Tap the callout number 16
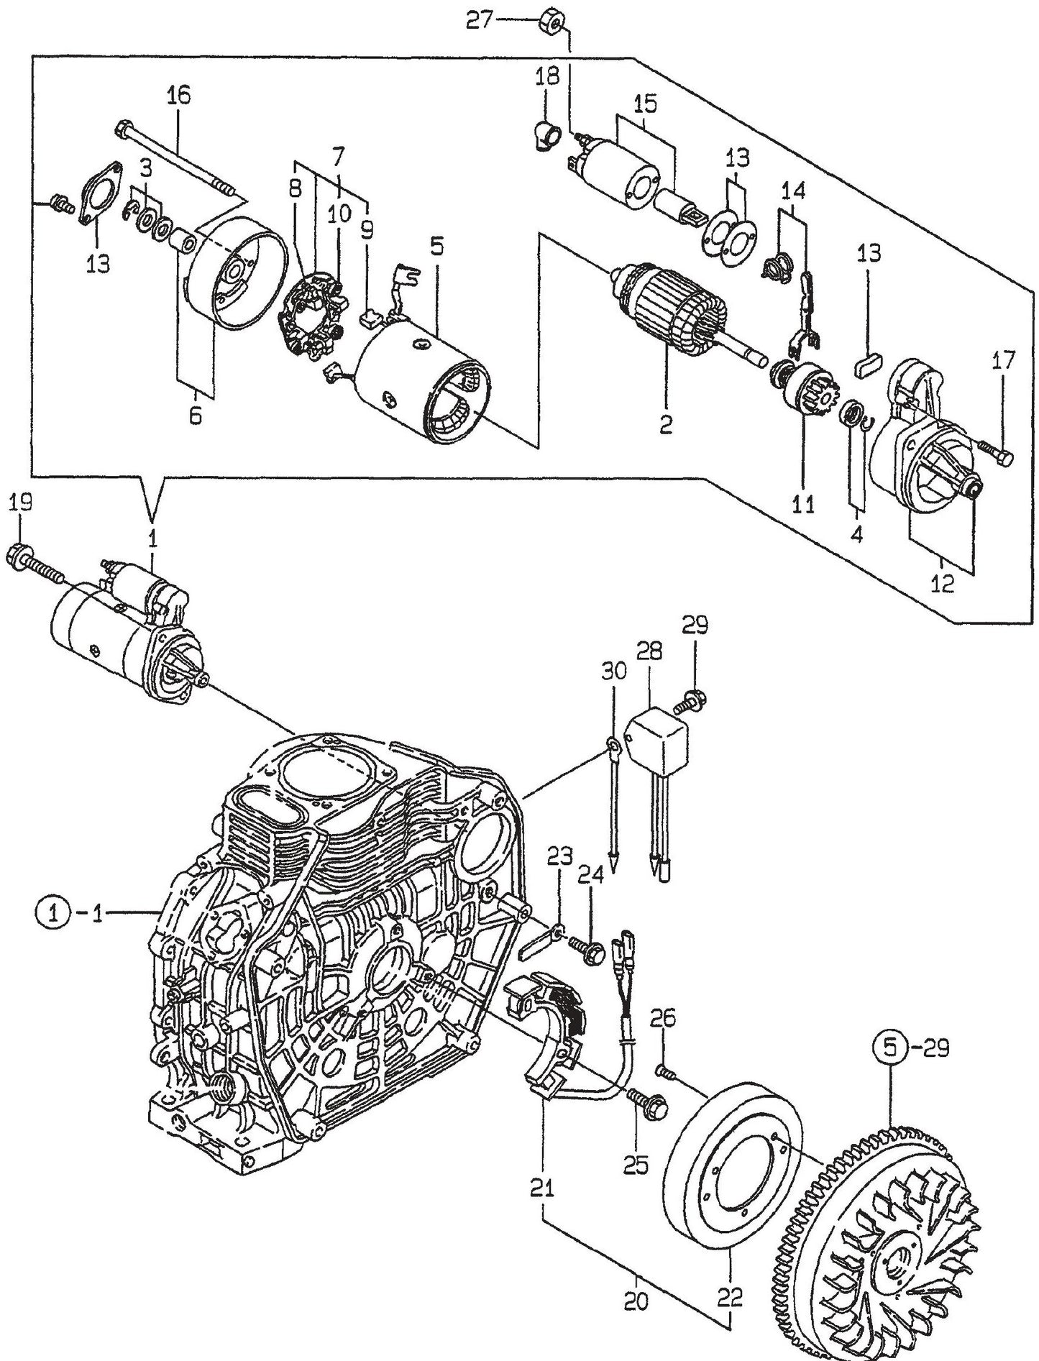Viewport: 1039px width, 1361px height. [x=179, y=96]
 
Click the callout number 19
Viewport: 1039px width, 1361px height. [x=21, y=502]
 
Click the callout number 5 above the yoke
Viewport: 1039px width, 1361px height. [x=436, y=247]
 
